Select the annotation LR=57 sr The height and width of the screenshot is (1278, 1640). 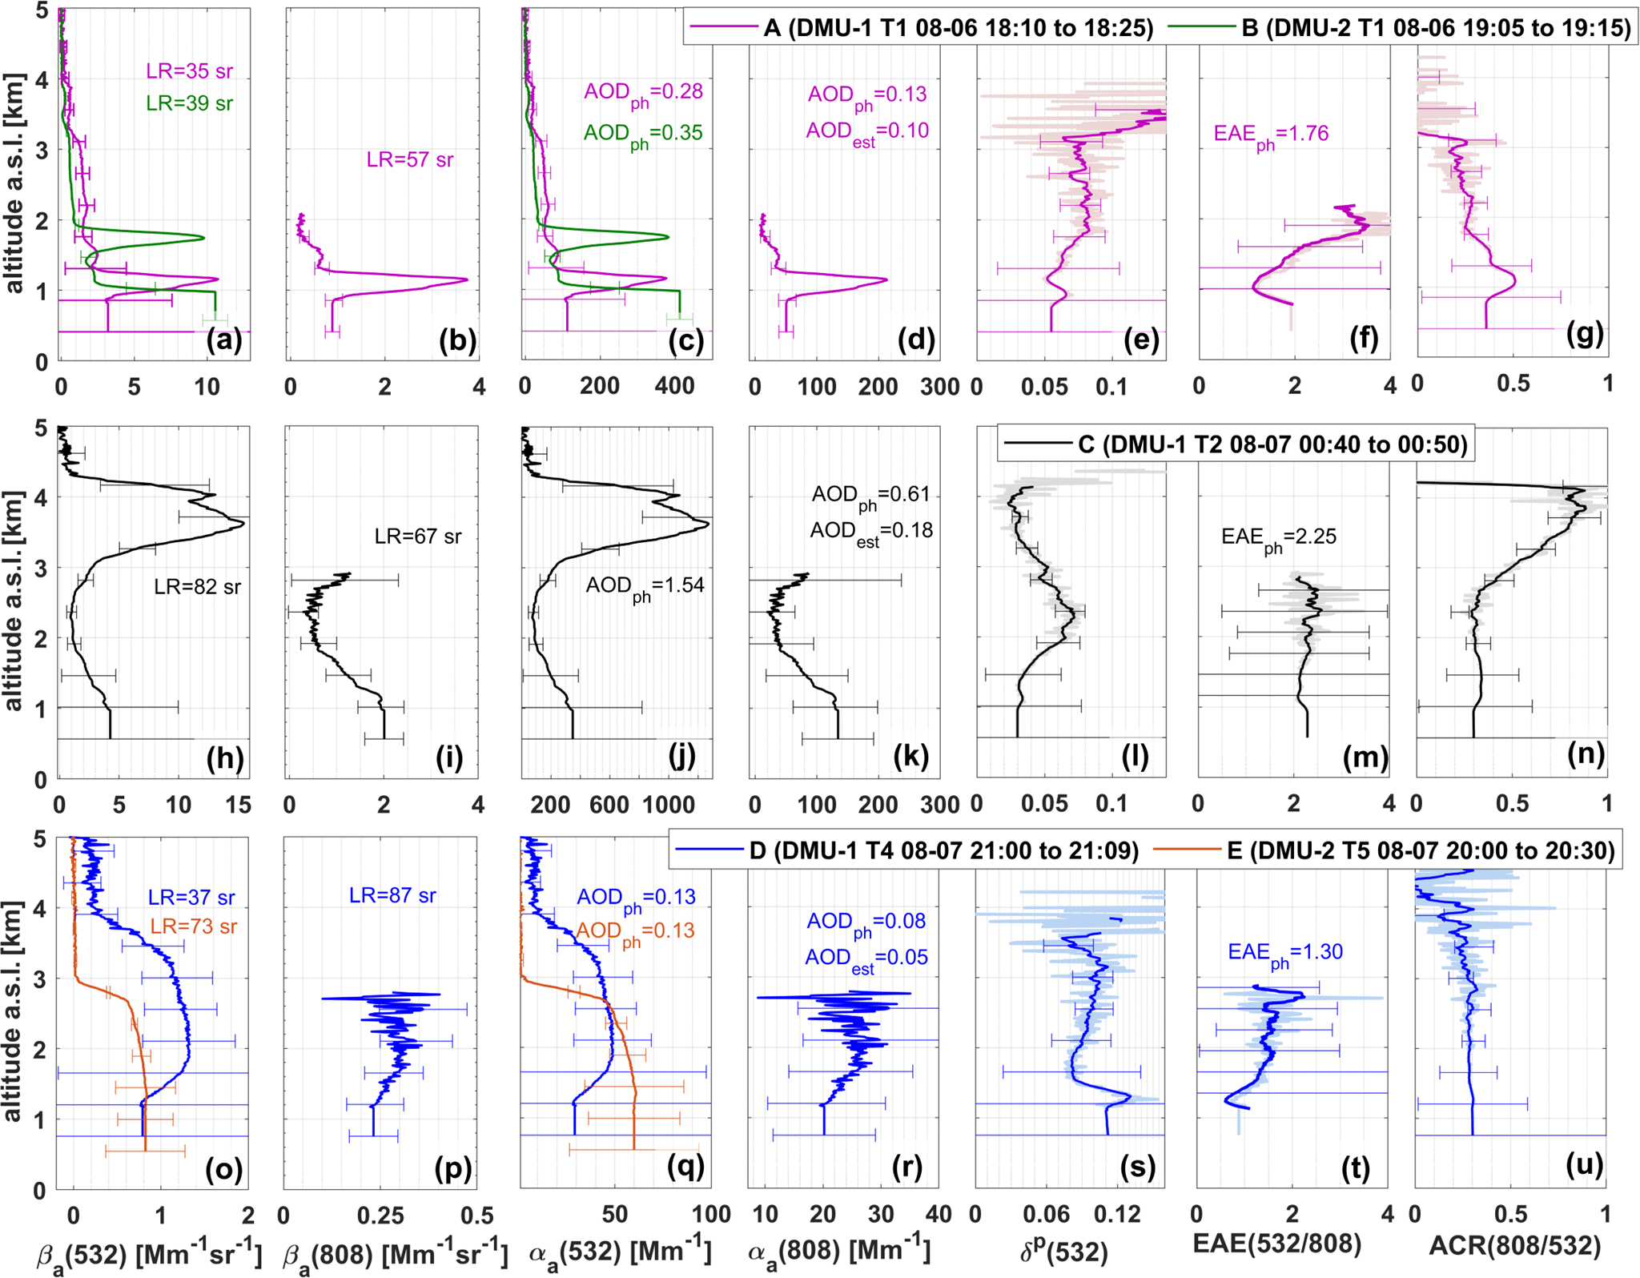tap(409, 160)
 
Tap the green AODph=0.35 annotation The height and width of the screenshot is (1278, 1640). tap(643, 133)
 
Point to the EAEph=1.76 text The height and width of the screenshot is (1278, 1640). tap(1271, 134)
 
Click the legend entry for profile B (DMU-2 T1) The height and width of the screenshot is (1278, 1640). tap(1435, 28)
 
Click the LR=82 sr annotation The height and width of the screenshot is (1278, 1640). tap(197, 587)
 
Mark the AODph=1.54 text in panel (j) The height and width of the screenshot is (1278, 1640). tap(645, 585)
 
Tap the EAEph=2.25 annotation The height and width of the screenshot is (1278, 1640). tap(1278, 537)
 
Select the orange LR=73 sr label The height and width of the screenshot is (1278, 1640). tap(194, 926)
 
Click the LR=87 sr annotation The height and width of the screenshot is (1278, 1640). tap(392, 895)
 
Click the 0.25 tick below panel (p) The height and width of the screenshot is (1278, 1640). tap(380, 1215)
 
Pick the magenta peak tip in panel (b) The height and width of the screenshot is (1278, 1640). tap(467, 279)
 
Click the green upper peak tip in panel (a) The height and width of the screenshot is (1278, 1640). tap(203, 238)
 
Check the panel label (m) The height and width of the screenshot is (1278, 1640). tap(1365, 757)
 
